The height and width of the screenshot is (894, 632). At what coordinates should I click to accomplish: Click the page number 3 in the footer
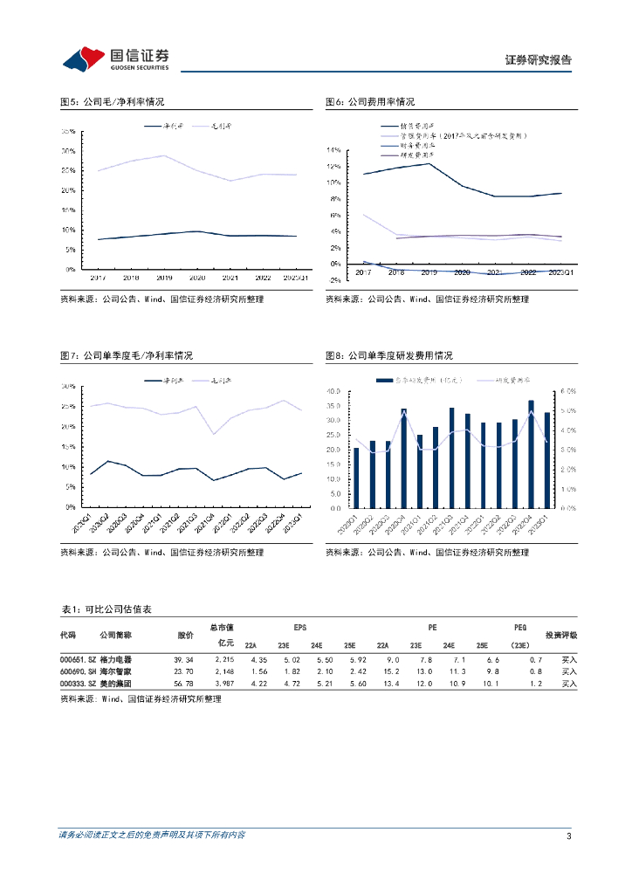[568, 836]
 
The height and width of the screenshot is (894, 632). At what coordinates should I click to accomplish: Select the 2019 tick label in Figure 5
[164, 277]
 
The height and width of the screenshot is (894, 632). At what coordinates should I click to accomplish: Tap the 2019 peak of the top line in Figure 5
[164, 155]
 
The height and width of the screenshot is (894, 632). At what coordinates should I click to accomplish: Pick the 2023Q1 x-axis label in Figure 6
[560, 272]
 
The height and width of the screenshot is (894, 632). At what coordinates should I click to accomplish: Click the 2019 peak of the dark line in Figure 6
[429, 163]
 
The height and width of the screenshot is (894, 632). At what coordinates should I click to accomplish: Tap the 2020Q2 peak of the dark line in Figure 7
[107, 461]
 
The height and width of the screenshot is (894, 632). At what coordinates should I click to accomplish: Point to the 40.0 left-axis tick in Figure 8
[333, 392]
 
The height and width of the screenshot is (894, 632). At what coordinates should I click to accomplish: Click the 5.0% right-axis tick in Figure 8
[566, 410]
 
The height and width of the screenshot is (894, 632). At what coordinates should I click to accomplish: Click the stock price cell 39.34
[183, 659]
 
